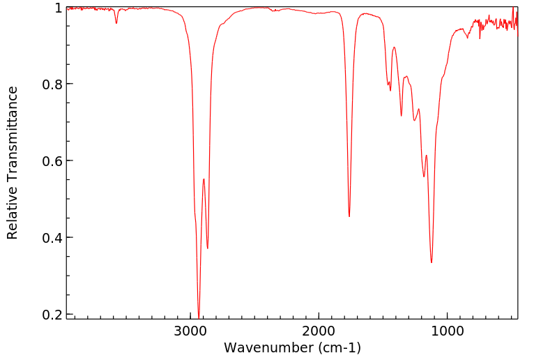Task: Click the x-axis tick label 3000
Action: pyautogui.click(x=191, y=330)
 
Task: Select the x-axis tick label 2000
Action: pyautogui.click(x=319, y=330)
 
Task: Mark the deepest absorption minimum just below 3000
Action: pyautogui.click(x=199, y=317)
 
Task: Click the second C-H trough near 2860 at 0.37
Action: pyautogui.click(x=208, y=248)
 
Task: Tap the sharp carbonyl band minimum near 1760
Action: pyautogui.click(x=349, y=216)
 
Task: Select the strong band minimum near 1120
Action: pyautogui.click(x=432, y=262)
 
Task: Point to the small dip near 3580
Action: pyautogui.click(x=116, y=23)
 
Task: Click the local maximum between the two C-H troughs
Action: pyautogui.click(x=204, y=179)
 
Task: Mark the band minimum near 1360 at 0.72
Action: pyautogui.click(x=402, y=116)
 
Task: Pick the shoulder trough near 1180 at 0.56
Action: pyautogui.click(x=424, y=177)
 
